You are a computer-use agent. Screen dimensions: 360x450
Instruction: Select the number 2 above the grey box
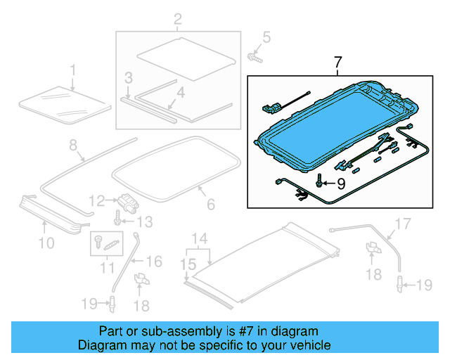coord(177,18)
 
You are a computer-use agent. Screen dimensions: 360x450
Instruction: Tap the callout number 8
coord(72,146)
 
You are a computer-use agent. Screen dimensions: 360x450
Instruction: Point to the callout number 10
coord(46,243)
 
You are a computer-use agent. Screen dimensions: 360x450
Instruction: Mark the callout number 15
coord(186,265)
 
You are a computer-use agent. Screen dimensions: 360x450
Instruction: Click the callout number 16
coord(153,262)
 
